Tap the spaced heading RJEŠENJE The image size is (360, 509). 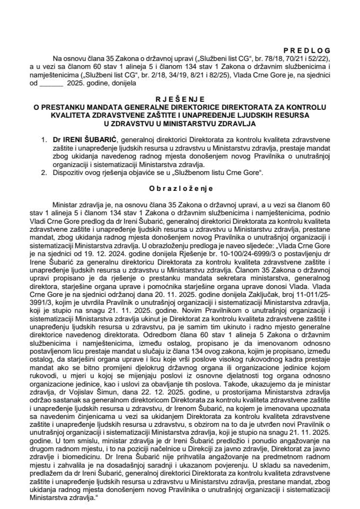point(180,99)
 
